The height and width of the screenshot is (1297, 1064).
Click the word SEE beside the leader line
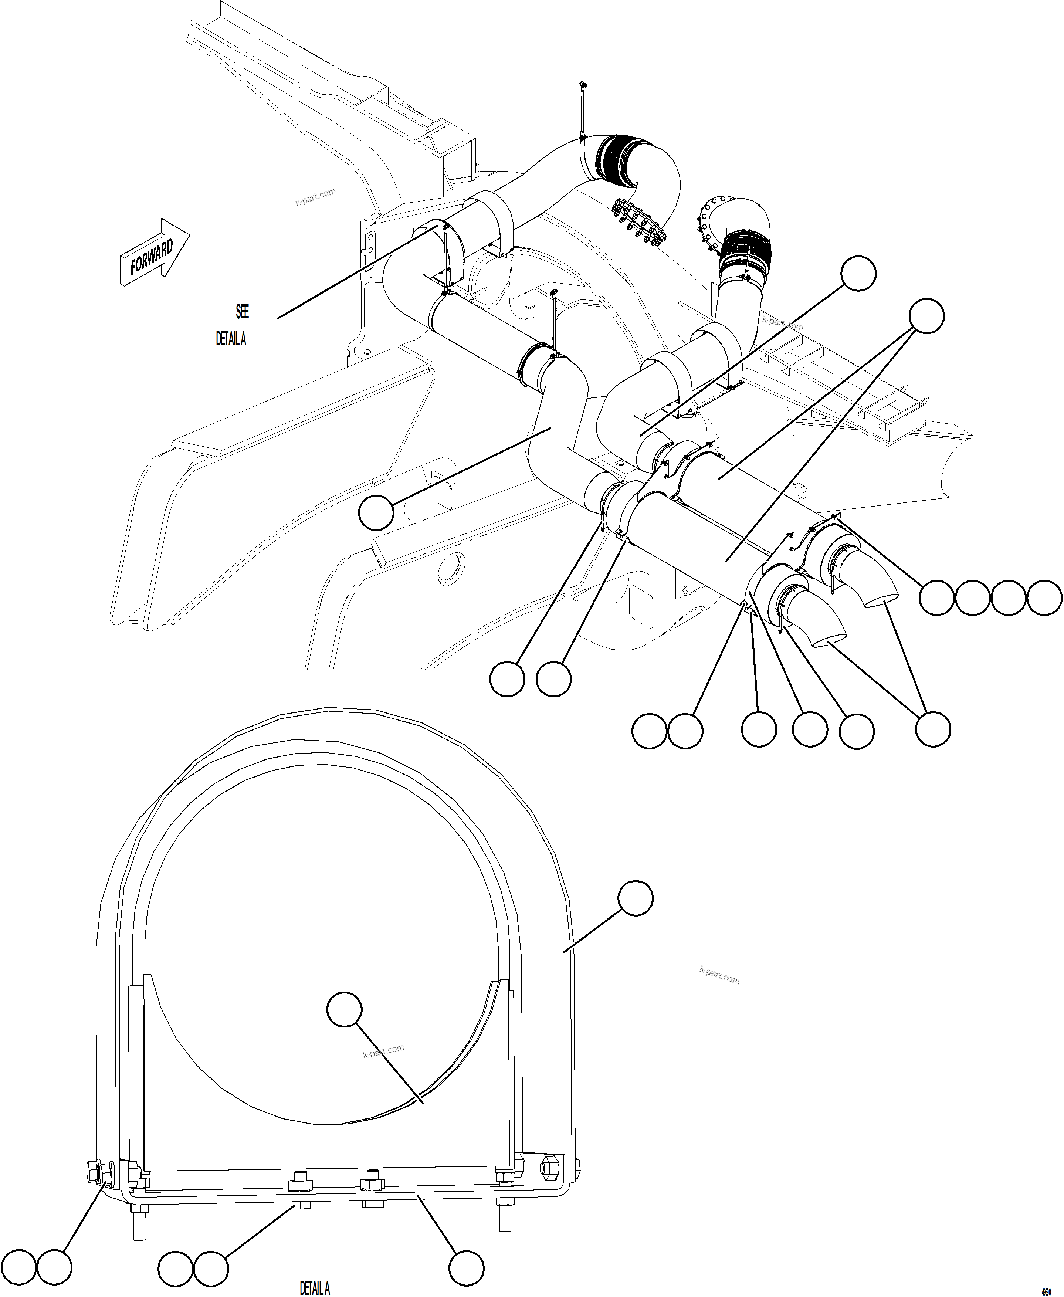tap(242, 312)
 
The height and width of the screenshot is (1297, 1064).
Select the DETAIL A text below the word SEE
tap(230, 339)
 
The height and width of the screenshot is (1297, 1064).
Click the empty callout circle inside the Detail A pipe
tap(345, 1009)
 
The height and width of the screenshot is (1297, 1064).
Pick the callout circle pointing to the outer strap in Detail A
tap(636, 898)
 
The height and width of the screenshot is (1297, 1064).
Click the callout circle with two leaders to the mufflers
tap(925, 316)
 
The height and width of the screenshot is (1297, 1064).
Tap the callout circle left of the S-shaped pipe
tap(376, 512)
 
